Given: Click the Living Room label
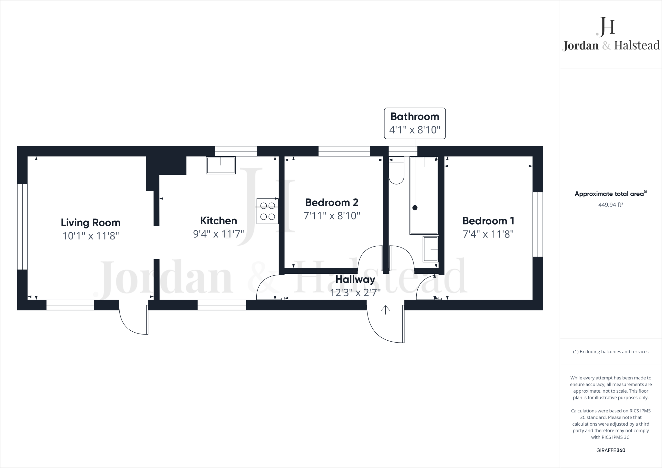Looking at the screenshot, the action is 91,222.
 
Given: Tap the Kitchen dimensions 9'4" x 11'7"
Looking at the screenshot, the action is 219,234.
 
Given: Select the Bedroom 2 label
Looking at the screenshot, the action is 332,202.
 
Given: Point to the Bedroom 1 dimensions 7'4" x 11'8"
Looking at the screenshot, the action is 488,234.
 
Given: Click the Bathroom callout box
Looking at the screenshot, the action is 415,123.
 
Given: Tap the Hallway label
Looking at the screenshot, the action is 355,279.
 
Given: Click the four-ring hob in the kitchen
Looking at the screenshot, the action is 268,211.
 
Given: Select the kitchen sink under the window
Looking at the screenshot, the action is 221,165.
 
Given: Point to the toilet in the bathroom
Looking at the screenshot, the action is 396,171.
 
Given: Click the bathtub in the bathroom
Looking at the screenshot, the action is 424,196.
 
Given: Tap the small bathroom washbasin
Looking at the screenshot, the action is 431,249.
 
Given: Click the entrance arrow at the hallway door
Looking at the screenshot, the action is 385,310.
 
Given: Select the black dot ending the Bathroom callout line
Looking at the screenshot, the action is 415,208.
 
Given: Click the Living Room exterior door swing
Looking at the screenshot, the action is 133,318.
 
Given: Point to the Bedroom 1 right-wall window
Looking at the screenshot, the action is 538,224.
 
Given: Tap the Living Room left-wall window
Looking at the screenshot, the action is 22,226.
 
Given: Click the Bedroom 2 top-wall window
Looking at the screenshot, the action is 344,151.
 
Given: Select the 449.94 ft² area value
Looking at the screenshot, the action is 611,205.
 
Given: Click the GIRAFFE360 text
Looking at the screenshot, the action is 611,450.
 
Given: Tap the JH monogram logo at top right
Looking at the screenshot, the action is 605,27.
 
